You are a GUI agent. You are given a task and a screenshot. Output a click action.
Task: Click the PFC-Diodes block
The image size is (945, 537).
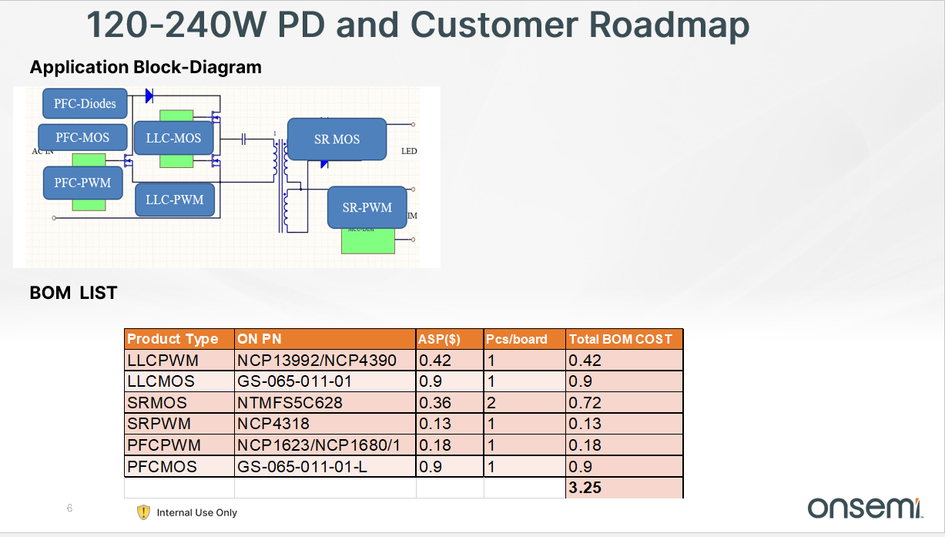click(x=85, y=103)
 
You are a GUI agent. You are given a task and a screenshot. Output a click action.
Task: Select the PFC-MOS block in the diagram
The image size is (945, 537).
click(x=82, y=138)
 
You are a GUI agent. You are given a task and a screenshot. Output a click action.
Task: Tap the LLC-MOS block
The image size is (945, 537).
click(x=173, y=138)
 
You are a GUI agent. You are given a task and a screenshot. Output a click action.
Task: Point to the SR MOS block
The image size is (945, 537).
click(x=337, y=139)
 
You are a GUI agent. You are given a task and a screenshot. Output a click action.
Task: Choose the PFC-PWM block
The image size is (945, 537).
click(x=82, y=183)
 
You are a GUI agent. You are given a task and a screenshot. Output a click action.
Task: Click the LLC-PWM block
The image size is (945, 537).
click(x=175, y=200)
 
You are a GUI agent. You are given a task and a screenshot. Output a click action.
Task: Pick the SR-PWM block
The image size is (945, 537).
click(x=367, y=207)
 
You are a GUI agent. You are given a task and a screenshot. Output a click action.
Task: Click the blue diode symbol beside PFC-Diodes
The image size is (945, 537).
click(x=149, y=96)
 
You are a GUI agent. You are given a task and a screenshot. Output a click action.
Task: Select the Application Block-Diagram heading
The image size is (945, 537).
click(x=146, y=68)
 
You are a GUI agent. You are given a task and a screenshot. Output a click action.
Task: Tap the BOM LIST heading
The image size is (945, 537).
click(x=73, y=293)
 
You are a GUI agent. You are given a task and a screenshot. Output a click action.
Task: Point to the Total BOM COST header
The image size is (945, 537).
click(x=620, y=339)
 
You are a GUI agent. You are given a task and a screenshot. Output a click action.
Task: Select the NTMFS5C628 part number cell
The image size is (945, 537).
click(x=290, y=402)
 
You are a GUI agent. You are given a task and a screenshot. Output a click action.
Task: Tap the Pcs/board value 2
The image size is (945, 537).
click(x=491, y=402)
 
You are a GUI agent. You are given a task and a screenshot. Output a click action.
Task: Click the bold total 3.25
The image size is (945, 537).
click(x=585, y=487)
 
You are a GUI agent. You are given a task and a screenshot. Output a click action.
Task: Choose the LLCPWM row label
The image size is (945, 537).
click(x=163, y=360)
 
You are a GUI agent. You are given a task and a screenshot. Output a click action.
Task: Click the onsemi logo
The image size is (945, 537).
click(x=865, y=507)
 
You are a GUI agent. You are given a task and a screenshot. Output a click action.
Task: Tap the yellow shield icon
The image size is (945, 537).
click(x=143, y=512)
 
